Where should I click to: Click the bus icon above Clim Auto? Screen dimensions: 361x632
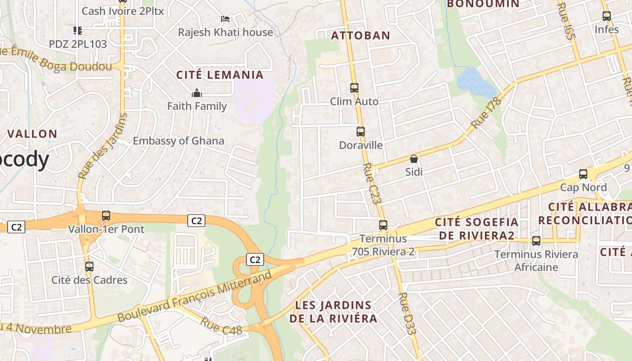pyautogui.click(x=354, y=88)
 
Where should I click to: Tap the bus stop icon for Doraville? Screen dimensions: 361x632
pyautogui.click(x=360, y=132)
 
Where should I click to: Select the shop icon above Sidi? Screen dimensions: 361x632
pyautogui.click(x=414, y=159)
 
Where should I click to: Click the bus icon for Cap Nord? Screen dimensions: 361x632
pyautogui.click(x=583, y=174)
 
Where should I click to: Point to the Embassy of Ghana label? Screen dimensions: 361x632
pyautogui.click(x=178, y=141)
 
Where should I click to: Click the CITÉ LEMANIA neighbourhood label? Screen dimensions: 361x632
pyautogui.click(x=220, y=75)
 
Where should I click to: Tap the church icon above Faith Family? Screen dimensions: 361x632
pyautogui.click(x=197, y=93)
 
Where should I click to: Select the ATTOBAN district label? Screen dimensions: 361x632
pyautogui.click(x=361, y=35)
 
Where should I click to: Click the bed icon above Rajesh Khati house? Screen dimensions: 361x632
pyautogui.click(x=225, y=19)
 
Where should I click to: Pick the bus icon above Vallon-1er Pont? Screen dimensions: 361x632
pyautogui.click(x=106, y=216)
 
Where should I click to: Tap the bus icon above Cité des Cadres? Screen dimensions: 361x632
pyautogui.click(x=89, y=267)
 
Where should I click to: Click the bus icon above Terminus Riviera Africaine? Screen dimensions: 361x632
pyautogui.click(x=536, y=241)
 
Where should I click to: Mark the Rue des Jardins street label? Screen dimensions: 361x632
pyautogui.click(x=102, y=146)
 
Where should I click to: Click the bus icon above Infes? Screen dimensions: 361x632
pyautogui.click(x=607, y=16)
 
